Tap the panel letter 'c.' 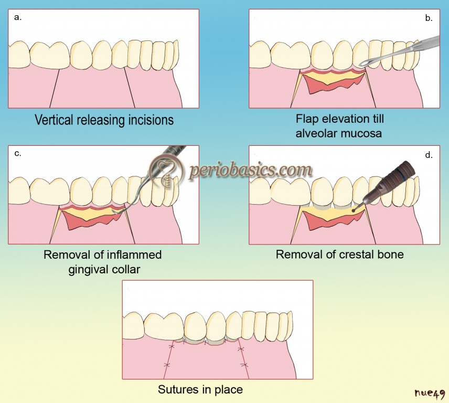coord(18,154)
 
